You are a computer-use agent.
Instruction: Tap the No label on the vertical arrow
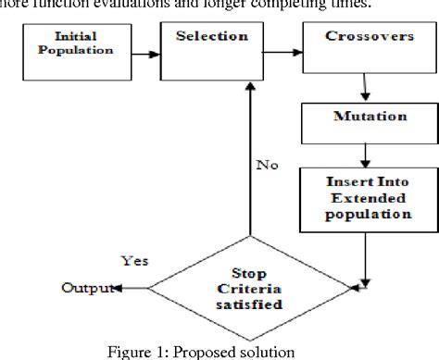(x=266, y=168)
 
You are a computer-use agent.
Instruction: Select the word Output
(x=84, y=288)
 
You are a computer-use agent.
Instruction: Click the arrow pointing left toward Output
(x=131, y=288)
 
